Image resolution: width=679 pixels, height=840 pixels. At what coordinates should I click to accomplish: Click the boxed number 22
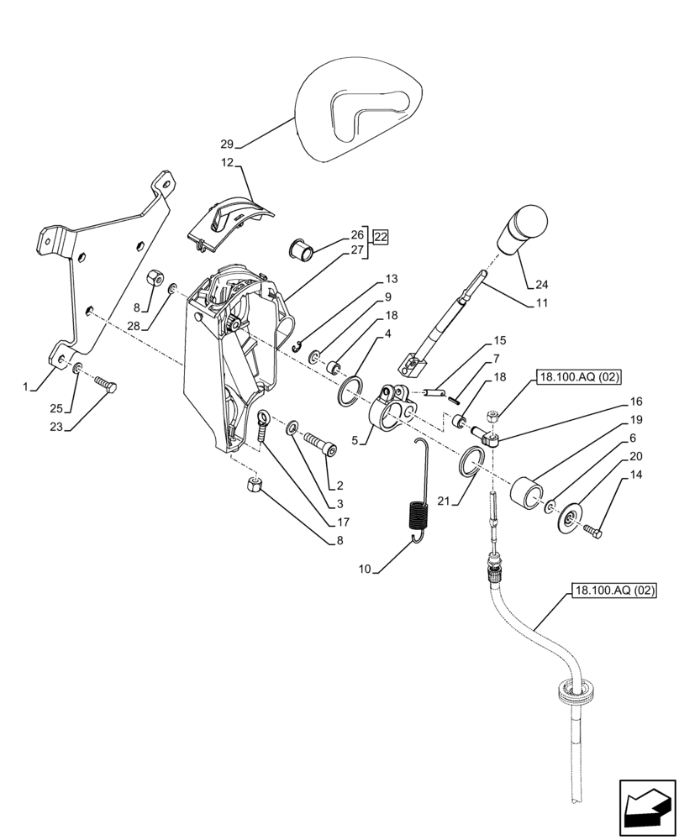pyautogui.click(x=381, y=237)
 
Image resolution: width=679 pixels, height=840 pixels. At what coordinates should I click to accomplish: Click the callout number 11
pyautogui.click(x=539, y=302)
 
